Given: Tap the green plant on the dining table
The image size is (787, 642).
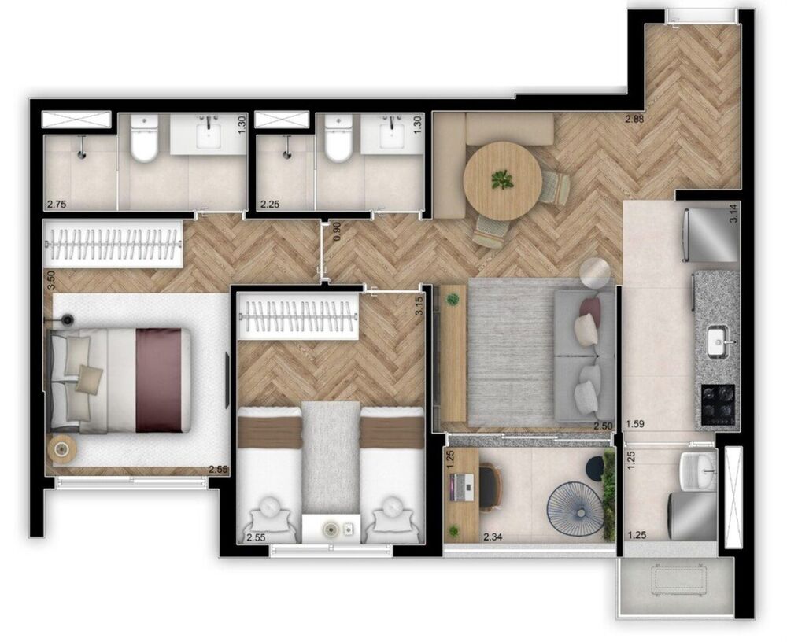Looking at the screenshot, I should [502, 180].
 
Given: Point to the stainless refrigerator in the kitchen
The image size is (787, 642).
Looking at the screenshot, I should [711, 234].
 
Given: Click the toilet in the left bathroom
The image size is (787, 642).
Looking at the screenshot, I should [144, 141].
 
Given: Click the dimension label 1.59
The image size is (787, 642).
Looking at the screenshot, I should [636, 426].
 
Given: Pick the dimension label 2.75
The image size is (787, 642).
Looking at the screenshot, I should [56, 205].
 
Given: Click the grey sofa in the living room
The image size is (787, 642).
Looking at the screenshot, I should [584, 354].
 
